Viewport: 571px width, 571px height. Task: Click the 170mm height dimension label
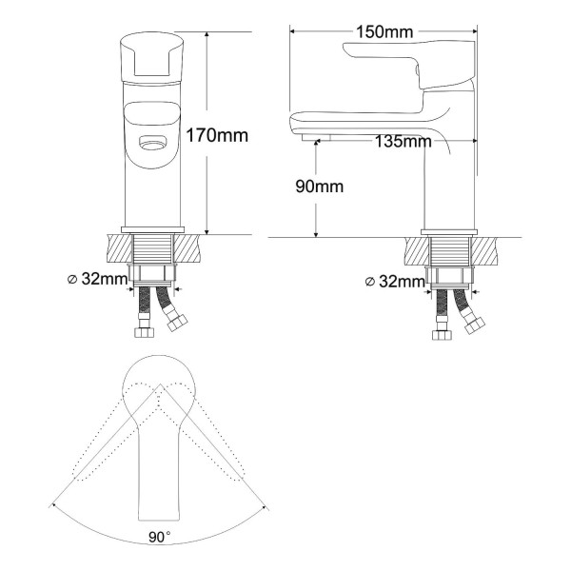217,135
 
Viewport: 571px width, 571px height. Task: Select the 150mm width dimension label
384,31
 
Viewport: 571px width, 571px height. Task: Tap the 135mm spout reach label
404,141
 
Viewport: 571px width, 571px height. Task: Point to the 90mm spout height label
320,187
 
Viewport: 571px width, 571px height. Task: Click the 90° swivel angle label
160,537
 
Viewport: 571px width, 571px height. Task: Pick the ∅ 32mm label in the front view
98,279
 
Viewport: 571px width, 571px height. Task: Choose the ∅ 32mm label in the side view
395,281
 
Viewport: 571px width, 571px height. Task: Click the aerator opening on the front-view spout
152,143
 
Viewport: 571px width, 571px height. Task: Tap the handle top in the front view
151,57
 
